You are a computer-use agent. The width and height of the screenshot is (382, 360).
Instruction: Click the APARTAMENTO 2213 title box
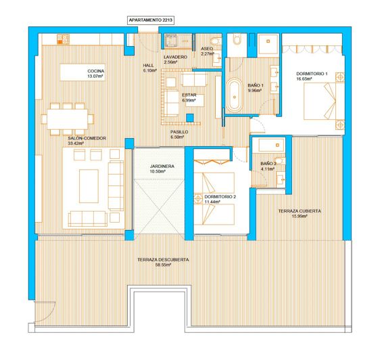(150, 21)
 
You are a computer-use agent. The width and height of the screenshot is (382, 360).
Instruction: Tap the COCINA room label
(96, 71)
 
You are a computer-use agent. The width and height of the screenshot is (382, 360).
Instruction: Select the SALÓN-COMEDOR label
(87, 138)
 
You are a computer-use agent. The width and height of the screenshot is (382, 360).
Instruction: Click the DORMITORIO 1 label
(312, 73)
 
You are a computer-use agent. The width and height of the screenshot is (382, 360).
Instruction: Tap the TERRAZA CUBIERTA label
(300, 211)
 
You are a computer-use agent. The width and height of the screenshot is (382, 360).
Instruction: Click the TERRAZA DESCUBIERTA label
(162, 260)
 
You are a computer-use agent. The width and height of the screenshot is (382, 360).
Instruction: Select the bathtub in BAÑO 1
(235, 96)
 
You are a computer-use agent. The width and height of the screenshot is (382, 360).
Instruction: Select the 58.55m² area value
(163, 265)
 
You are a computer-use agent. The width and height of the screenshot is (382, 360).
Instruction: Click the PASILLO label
(179, 132)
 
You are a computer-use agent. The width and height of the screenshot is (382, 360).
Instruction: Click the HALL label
(149, 65)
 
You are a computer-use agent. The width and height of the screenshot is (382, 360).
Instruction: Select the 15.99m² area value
(300, 217)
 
